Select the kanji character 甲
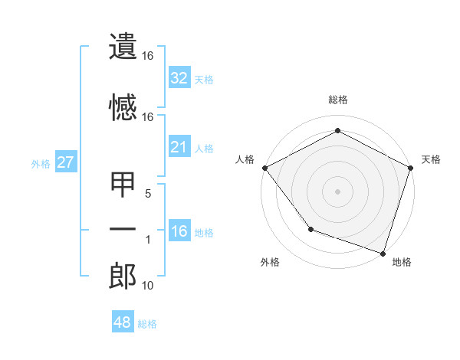pyautogui.click(x=123, y=186)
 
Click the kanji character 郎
pyautogui.click(x=123, y=277)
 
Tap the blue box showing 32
pyautogui.click(x=179, y=78)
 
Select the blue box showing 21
pyautogui.click(x=179, y=148)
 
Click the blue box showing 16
pyautogui.click(x=179, y=232)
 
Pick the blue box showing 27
pyautogui.click(x=65, y=162)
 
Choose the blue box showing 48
pyautogui.click(x=123, y=322)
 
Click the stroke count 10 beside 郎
pyautogui.click(x=148, y=286)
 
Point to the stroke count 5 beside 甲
pyautogui.click(x=149, y=194)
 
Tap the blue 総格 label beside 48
pyautogui.click(x=147, y=324)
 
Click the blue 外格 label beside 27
pyautogui.click(x=41, y=163)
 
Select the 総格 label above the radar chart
pyautogui.click(x=337, y=100)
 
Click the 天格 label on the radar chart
pyautogui.click(x=431, y=159)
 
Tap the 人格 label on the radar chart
pyautogui.click(x=245, y=159)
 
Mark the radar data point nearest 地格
pyautogui.click(x=383, y=253)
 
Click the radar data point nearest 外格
pyautogui.click(x=310, y=228)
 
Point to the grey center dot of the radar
pyautogui.click(x=337, y=191)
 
